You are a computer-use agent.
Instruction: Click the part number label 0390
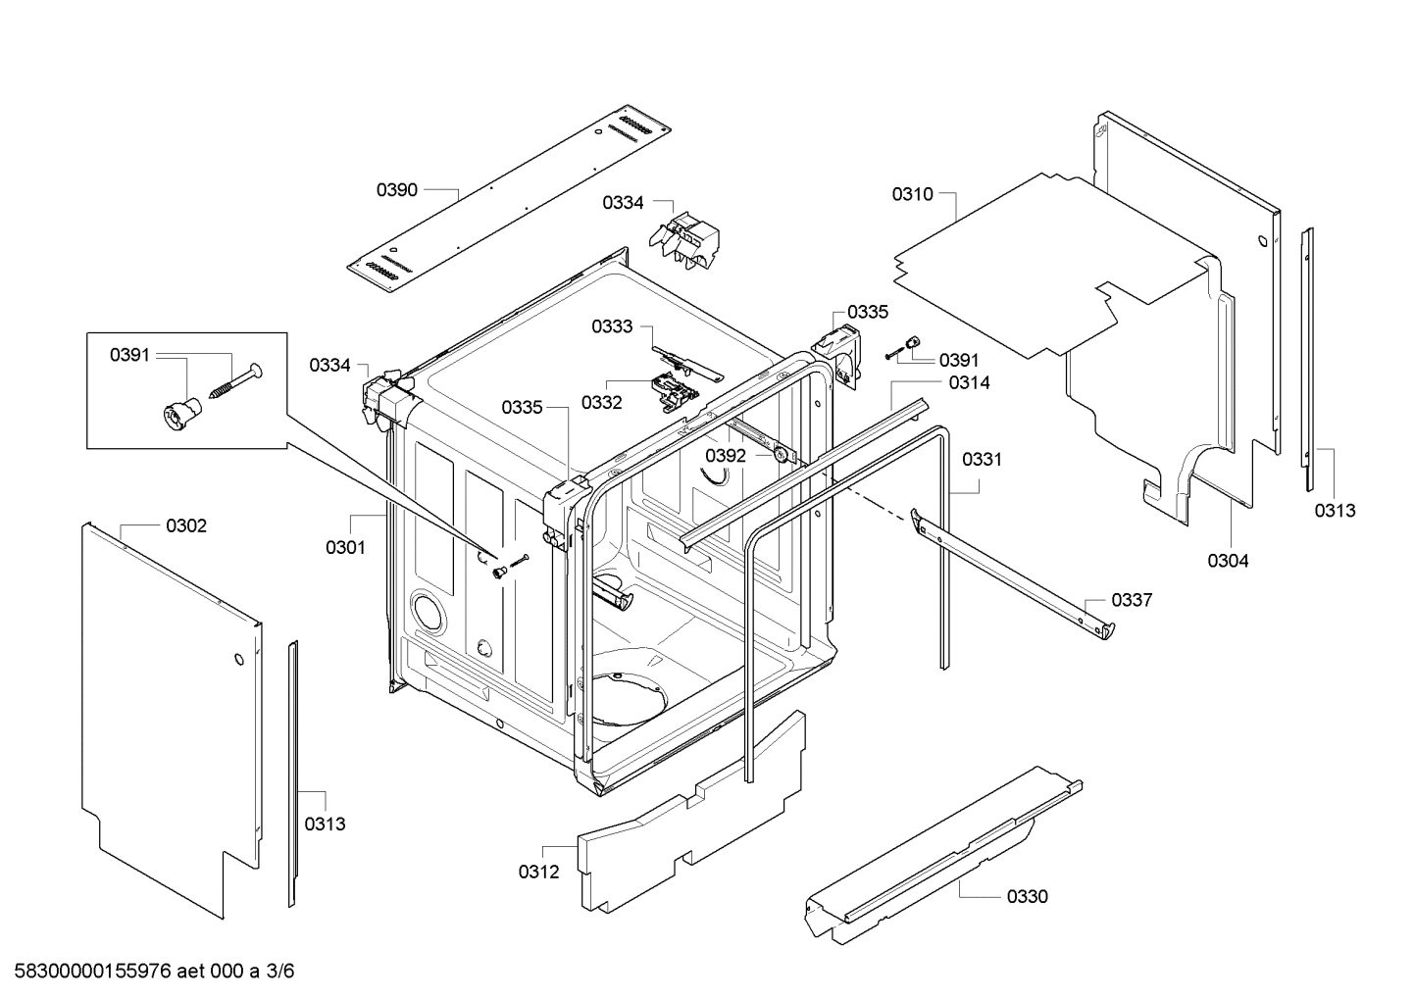[397, 190]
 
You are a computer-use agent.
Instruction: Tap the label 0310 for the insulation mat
[912, 194]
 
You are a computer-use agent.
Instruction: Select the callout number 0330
[1027, 896]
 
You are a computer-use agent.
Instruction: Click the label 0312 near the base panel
[539, 871]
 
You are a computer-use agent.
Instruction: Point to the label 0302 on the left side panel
[186, 526]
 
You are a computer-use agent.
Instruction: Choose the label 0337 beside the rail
[1132, 600]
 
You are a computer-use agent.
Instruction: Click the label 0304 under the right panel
[1228, 561]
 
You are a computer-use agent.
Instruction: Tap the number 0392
[726, 456]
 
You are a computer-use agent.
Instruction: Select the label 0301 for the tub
[345, 547]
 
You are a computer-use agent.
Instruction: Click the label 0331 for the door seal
[982, 459]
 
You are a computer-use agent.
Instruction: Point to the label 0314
[969, 383]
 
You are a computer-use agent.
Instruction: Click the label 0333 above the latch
[612, 326]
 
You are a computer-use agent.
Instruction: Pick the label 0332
[601, 403]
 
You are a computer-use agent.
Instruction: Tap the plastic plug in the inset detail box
[177, 414]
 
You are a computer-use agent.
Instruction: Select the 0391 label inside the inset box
[129, 355]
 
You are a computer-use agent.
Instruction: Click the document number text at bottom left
[148, 972]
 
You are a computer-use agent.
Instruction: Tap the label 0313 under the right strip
[1335, 510]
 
